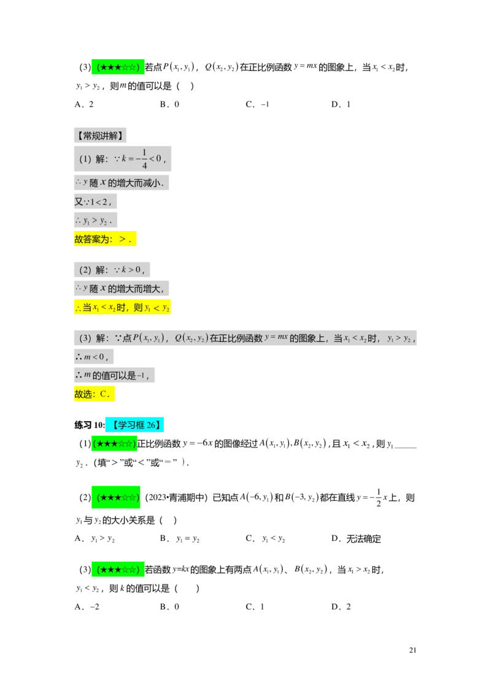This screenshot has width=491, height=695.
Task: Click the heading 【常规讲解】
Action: click(x=101, y=136)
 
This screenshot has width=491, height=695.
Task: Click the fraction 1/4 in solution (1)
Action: click(x=145, y=158)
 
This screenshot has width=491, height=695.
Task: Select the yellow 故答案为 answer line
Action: click(x=105, y=240)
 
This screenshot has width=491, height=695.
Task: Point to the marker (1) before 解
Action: click(x=85, y=159)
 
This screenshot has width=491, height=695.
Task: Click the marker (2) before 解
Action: click(x=85, y=270)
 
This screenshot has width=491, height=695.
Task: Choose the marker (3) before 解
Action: click(x=85, y=338)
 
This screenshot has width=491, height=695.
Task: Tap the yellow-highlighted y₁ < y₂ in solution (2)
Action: click(x=157, y=308)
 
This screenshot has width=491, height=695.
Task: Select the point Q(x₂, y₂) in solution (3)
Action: click(x=191, y=338)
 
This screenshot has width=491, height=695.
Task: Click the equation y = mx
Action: click(x=276, y=337)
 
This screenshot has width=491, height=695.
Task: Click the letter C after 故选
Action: click(x=104, y=394)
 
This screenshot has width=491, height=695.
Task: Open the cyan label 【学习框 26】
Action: click(x=134, y=425)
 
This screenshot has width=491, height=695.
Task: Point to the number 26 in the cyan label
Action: click(x=151, y=425)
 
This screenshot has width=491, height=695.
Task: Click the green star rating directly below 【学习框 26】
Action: click(x=114, y=444)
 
